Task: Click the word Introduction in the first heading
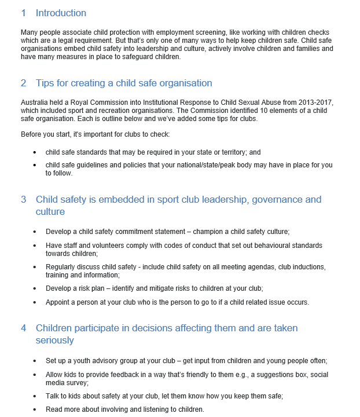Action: pyautogui.click(x=61, y=13)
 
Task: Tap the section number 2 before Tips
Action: pyautogui.click(x=24, y=83)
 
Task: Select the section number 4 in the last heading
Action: pyautogui.click(x=24, y=328)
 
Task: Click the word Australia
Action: pyautogui.click(x=35, y=103)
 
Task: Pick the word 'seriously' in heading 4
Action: pyautogui.click(x=55, y=341)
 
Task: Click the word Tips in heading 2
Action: pyautogui.click(x=45, y=83)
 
